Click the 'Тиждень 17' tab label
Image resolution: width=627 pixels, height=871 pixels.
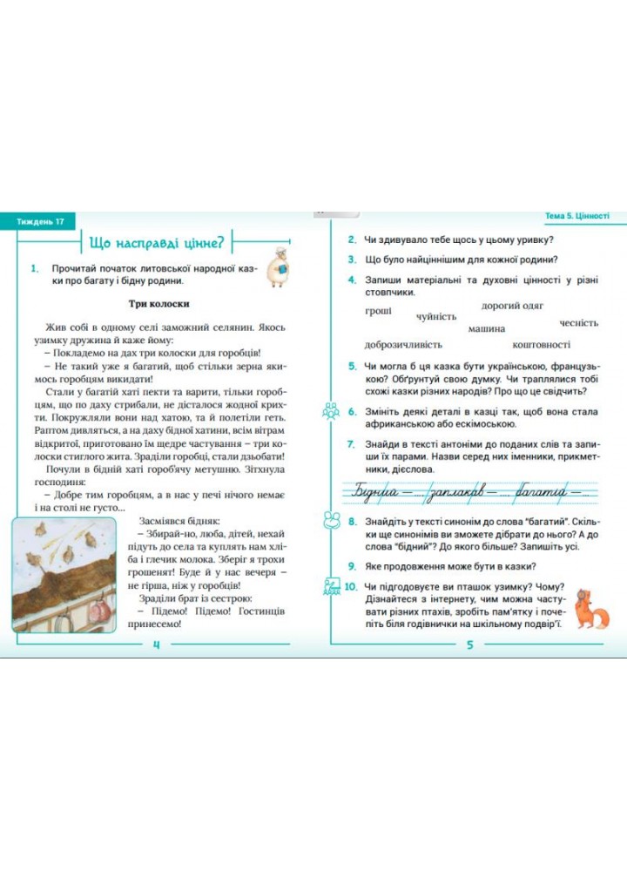[x=40, y=222]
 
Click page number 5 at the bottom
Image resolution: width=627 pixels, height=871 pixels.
[x=469, y=645]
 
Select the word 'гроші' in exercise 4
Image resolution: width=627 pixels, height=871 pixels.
[x=378, y=310]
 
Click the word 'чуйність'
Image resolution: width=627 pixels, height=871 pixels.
[x=436, y=317]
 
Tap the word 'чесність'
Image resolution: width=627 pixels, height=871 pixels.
[x=579, y=322]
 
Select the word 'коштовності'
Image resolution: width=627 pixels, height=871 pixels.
[x=542, y=344]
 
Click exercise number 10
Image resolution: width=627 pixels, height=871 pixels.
[x=350, y=587]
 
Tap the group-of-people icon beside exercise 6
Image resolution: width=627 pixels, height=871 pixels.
[x=330, y=411]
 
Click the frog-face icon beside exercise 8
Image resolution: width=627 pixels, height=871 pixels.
[x=330, y=520]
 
